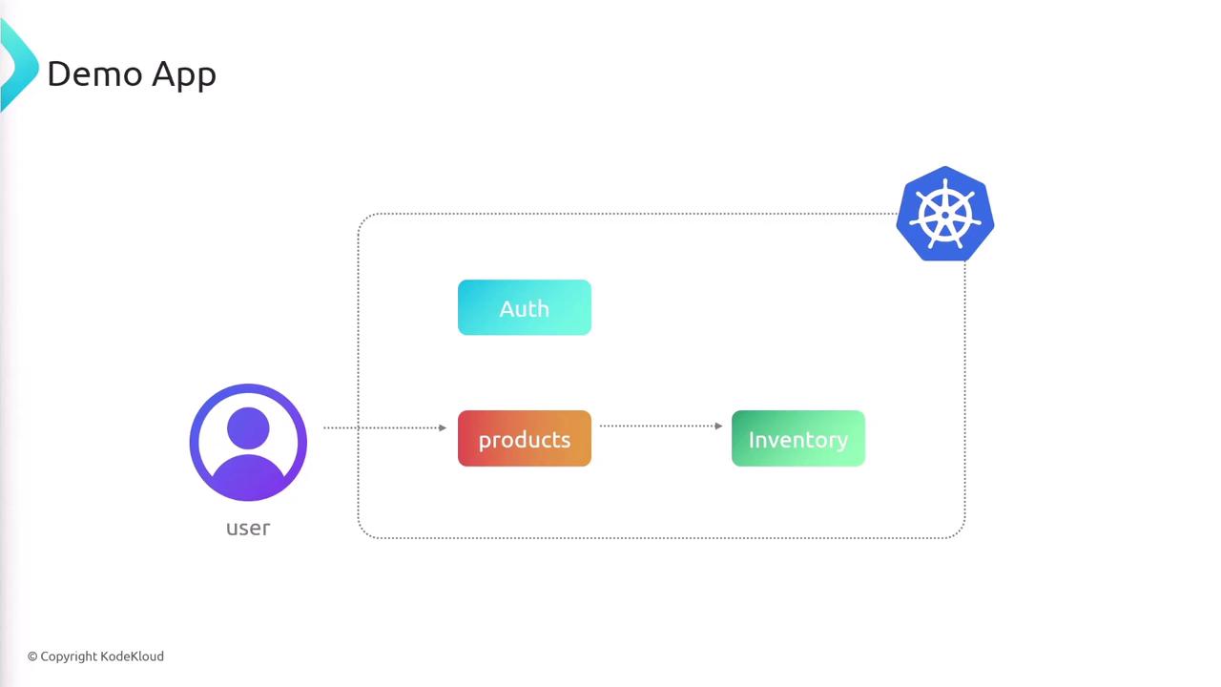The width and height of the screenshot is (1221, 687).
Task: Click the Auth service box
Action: point(524,307)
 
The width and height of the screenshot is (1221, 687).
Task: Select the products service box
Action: point(524,439)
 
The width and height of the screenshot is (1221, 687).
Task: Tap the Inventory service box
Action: point(797,439)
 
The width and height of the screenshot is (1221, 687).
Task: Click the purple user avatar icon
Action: point(248,443)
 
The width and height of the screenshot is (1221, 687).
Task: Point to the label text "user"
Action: point(248,528)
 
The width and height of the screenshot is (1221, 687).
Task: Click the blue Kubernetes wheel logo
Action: point(945,214)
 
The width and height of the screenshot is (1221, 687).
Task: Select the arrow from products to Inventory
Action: point(660,426)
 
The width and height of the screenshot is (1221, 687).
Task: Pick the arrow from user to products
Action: point(383,427)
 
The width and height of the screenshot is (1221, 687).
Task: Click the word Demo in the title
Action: point(93,73)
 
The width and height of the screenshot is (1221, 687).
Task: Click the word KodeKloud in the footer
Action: point(132,656)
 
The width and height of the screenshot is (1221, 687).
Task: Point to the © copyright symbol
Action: point(32,656)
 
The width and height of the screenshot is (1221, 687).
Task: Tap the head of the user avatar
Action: point(248,427)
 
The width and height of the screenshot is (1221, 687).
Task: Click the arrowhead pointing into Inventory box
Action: point(718,426)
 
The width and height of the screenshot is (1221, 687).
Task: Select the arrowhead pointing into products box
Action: point(443,427)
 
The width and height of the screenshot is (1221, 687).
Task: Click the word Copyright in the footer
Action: point(69,656)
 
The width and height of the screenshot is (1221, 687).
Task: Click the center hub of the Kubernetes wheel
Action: point(945,215)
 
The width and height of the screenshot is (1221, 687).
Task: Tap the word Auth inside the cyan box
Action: point(524,308)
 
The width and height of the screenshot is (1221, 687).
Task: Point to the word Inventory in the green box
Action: point(797,440)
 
